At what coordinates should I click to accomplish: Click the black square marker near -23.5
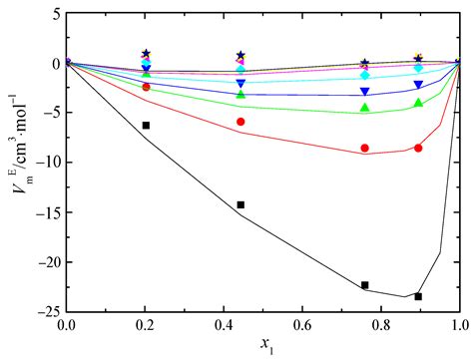[418, 296]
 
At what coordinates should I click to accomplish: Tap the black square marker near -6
[146, 126]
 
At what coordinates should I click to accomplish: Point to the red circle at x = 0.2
[146, 88]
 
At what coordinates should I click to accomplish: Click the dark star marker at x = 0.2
[146, 53]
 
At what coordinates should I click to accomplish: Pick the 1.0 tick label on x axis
[459, 326]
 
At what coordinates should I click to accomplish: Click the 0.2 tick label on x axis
[146, 326]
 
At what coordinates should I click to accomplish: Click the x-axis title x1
[263, 347]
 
